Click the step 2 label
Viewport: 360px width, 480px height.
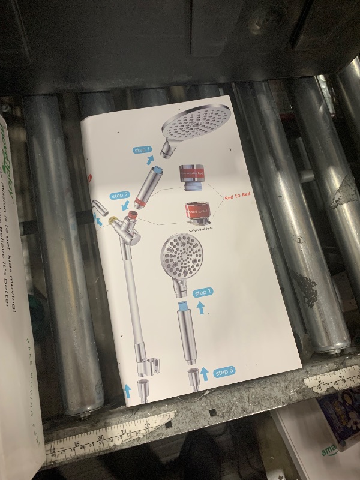(x=120, y=196)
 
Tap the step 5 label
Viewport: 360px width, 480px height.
(x=223, y=371)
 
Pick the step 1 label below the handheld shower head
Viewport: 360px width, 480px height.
(x=202, y=292)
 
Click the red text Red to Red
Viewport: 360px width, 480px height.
(x=238, y=196)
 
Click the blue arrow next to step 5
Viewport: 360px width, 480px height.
(x=204, y=374)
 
